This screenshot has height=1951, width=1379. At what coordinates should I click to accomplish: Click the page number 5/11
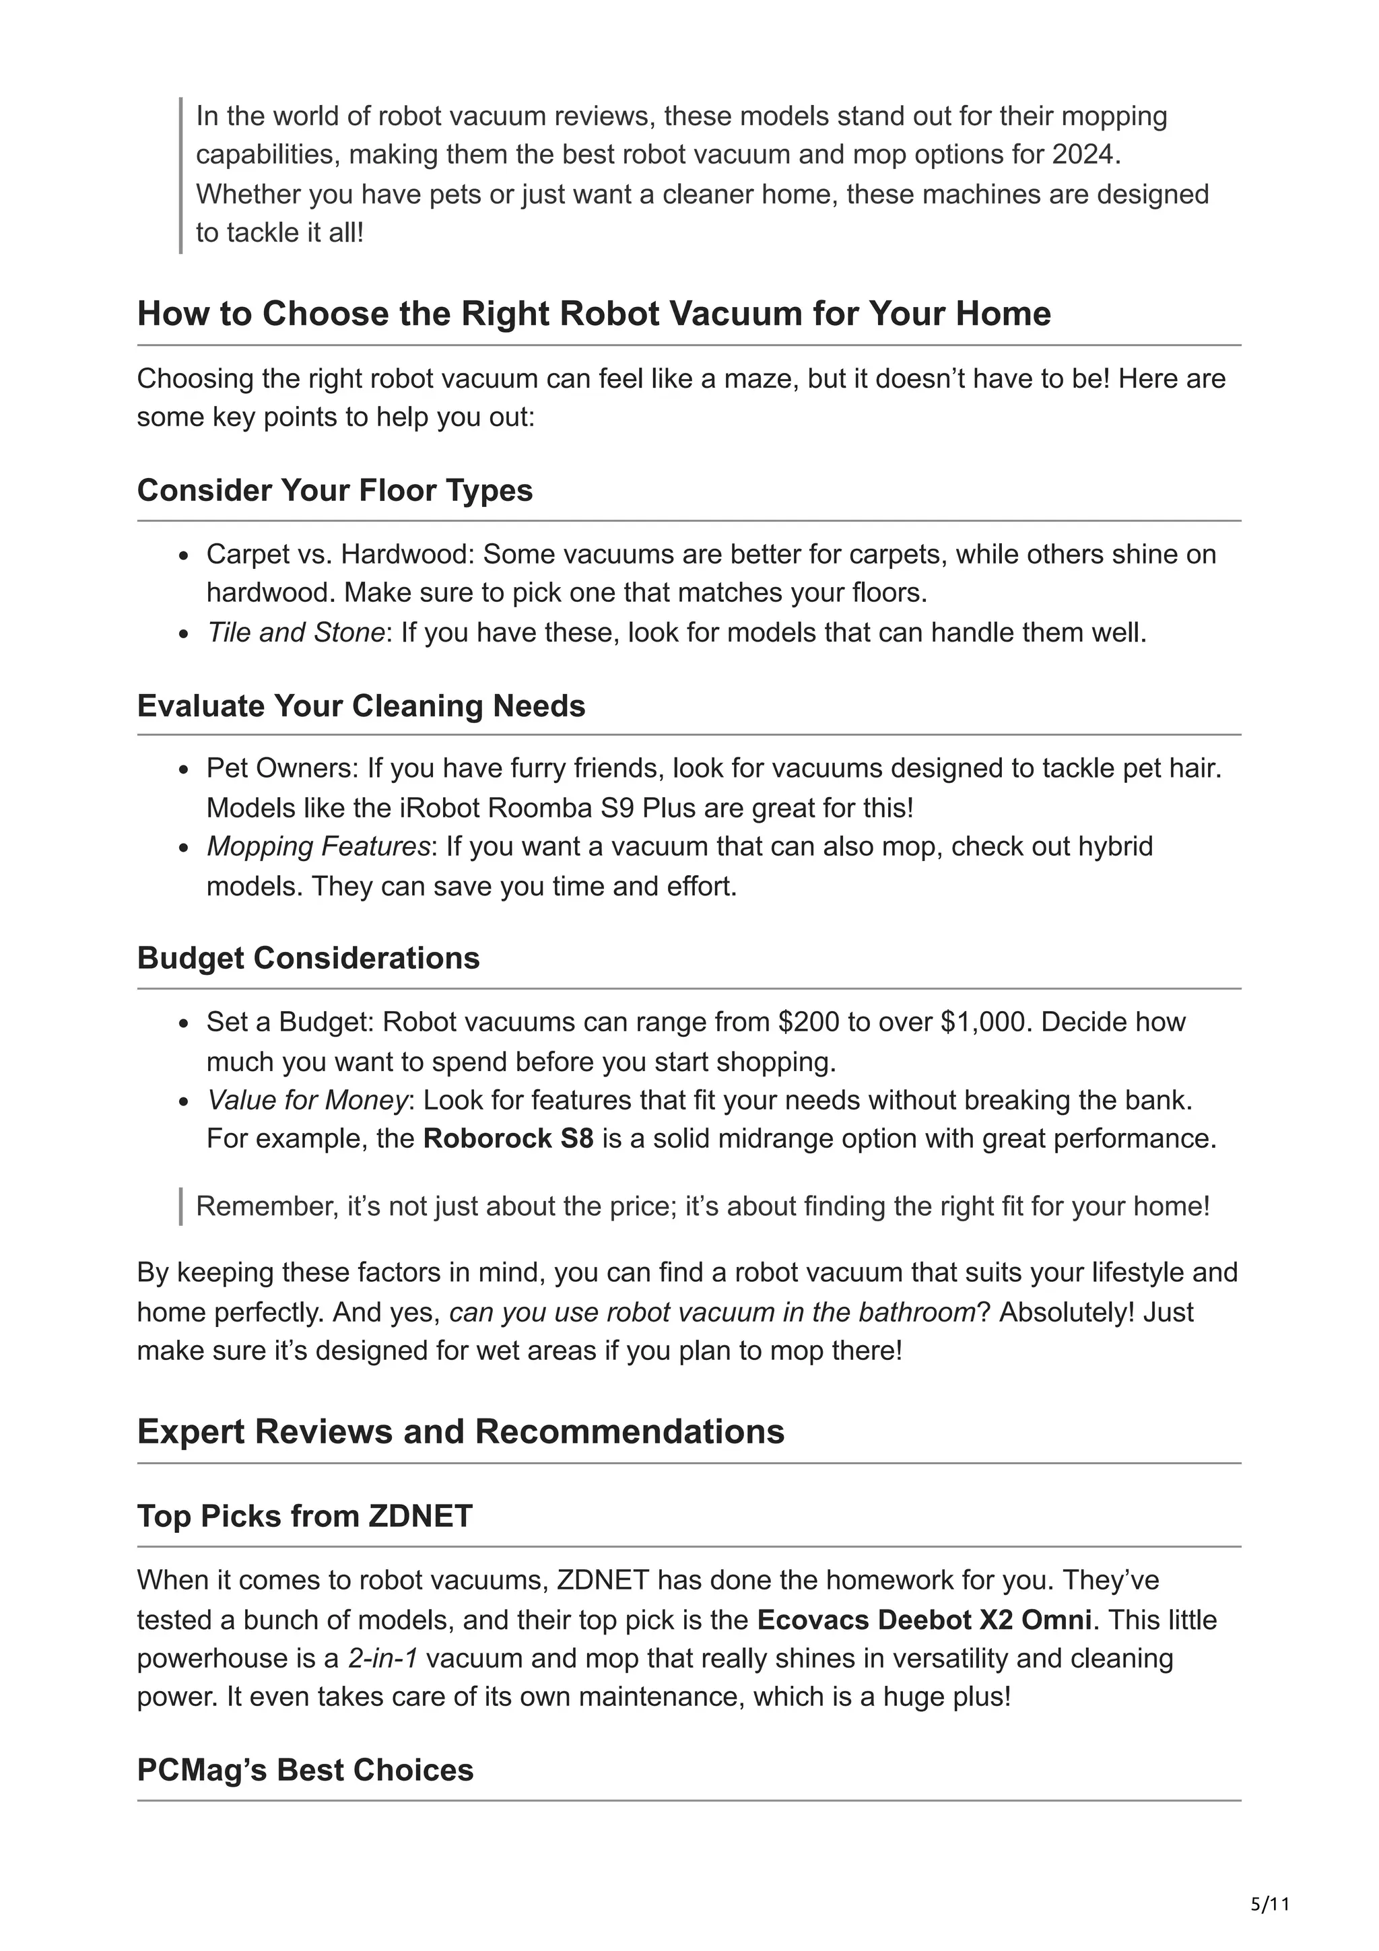click(1270, 1905)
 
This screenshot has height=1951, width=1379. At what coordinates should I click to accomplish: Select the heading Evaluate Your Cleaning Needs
click(361, 706)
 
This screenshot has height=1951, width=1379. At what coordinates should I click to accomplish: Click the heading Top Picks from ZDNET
click(304, 1516)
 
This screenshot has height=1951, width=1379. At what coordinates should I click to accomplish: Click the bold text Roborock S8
click(508, 1138)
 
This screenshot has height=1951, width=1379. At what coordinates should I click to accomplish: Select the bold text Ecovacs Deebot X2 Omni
click(924, 1620)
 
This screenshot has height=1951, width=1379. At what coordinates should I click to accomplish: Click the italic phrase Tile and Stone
click(296, 632)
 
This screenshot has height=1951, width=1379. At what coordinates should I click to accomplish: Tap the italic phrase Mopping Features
click(318, 846)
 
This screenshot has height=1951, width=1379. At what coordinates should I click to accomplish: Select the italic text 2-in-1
click(382, 1658)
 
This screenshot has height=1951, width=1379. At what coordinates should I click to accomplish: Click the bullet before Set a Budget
click(184, 1024)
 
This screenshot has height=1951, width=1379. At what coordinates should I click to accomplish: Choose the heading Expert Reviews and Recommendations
click(461, 1431)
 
